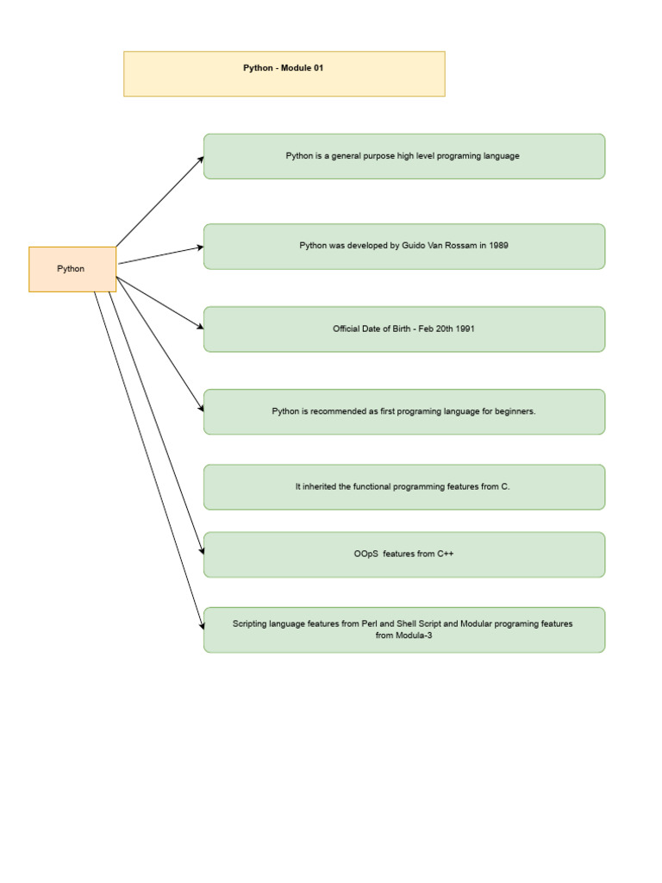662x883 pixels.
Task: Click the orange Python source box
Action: pyautogui.click(x=72, y=269)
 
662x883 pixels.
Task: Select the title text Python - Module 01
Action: pyautogui.click(x=283, y=68)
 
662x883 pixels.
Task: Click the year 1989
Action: pyautogui.click(x=498, y=246)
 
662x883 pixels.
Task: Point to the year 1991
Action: pyautogui.click(x=465, y=329)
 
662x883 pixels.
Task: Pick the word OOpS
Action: pyautogui.click(x=366, y=554)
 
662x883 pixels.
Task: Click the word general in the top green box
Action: pyautogui.click(x=346, y=156)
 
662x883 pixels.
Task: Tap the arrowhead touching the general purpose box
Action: pyautogui.click(x=201, y=159)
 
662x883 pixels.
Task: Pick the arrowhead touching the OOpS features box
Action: pyautogui.click(x=202, y=551)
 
